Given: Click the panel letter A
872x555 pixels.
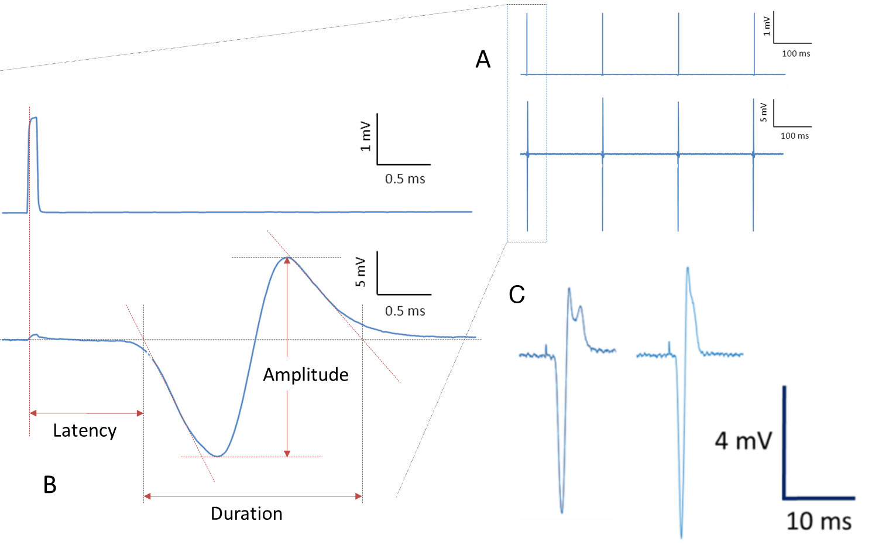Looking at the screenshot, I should (483, 59).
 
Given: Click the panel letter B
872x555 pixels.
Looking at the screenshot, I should (50, 485).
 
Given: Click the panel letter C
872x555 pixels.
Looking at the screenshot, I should (516, 294).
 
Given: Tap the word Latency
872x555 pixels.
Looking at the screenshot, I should (85, 431).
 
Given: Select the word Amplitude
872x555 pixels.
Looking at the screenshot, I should (305, 375).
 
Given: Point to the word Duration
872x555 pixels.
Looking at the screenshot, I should (246, 514).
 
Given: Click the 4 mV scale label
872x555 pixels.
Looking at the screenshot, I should (743, 441).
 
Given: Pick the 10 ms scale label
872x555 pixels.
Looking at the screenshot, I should (818, 521).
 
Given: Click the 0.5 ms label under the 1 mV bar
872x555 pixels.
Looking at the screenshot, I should (405, 179).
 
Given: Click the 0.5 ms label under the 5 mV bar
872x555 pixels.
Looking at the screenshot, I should (405, 311).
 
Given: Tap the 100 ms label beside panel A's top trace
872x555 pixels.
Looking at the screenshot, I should (796, 54).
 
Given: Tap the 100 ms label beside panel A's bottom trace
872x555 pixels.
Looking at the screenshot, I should (795, 136).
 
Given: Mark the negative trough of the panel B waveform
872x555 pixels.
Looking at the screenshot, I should (218, 455).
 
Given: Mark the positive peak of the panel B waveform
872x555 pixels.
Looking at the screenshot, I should (287, 258).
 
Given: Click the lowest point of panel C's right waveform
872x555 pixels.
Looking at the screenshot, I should (681, 536).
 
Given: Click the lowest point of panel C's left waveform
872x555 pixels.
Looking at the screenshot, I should (562, 512).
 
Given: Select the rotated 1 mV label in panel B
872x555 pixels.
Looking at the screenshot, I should (365, 136).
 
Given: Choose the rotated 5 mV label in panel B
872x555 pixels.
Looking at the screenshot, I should (361, 272).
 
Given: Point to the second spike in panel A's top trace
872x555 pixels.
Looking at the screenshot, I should (603, 44).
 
